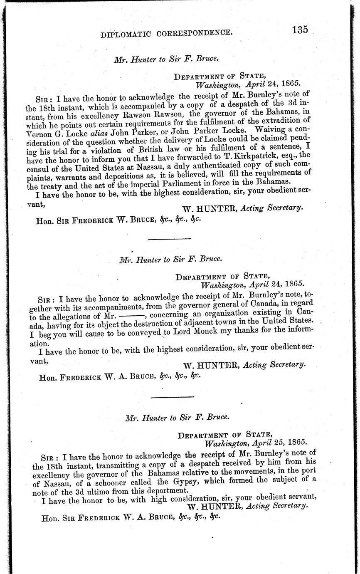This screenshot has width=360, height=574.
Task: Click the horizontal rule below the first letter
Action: pos(169,239)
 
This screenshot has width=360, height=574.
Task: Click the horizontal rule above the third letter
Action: pos(167,397)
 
